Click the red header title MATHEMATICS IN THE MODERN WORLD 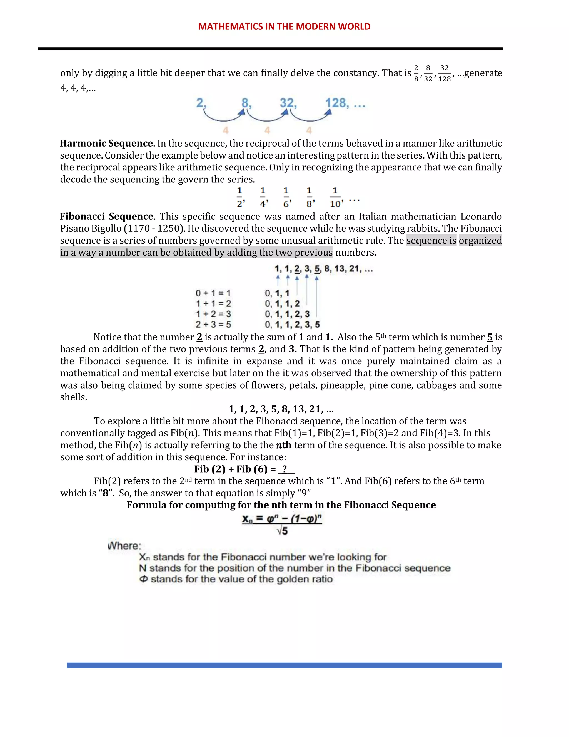(284, 27)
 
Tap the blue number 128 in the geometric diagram (337, 103)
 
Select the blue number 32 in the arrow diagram (287, 103)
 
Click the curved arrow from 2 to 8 (223, 117)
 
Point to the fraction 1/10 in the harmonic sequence (336, 197)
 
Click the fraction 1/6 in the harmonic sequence (286, 197)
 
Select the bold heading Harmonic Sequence (106, 144)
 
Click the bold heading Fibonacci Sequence (106, 216)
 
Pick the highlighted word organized (480, 241)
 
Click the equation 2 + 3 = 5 (213, 325)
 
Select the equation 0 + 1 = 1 (213, 293)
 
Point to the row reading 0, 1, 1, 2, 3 (287, 314)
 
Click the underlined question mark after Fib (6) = (286, 469)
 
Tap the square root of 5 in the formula (282, 531)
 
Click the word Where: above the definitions (125, 546)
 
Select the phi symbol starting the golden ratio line (144, 579)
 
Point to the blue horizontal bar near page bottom (284, 665)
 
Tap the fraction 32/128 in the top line (444, 73)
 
